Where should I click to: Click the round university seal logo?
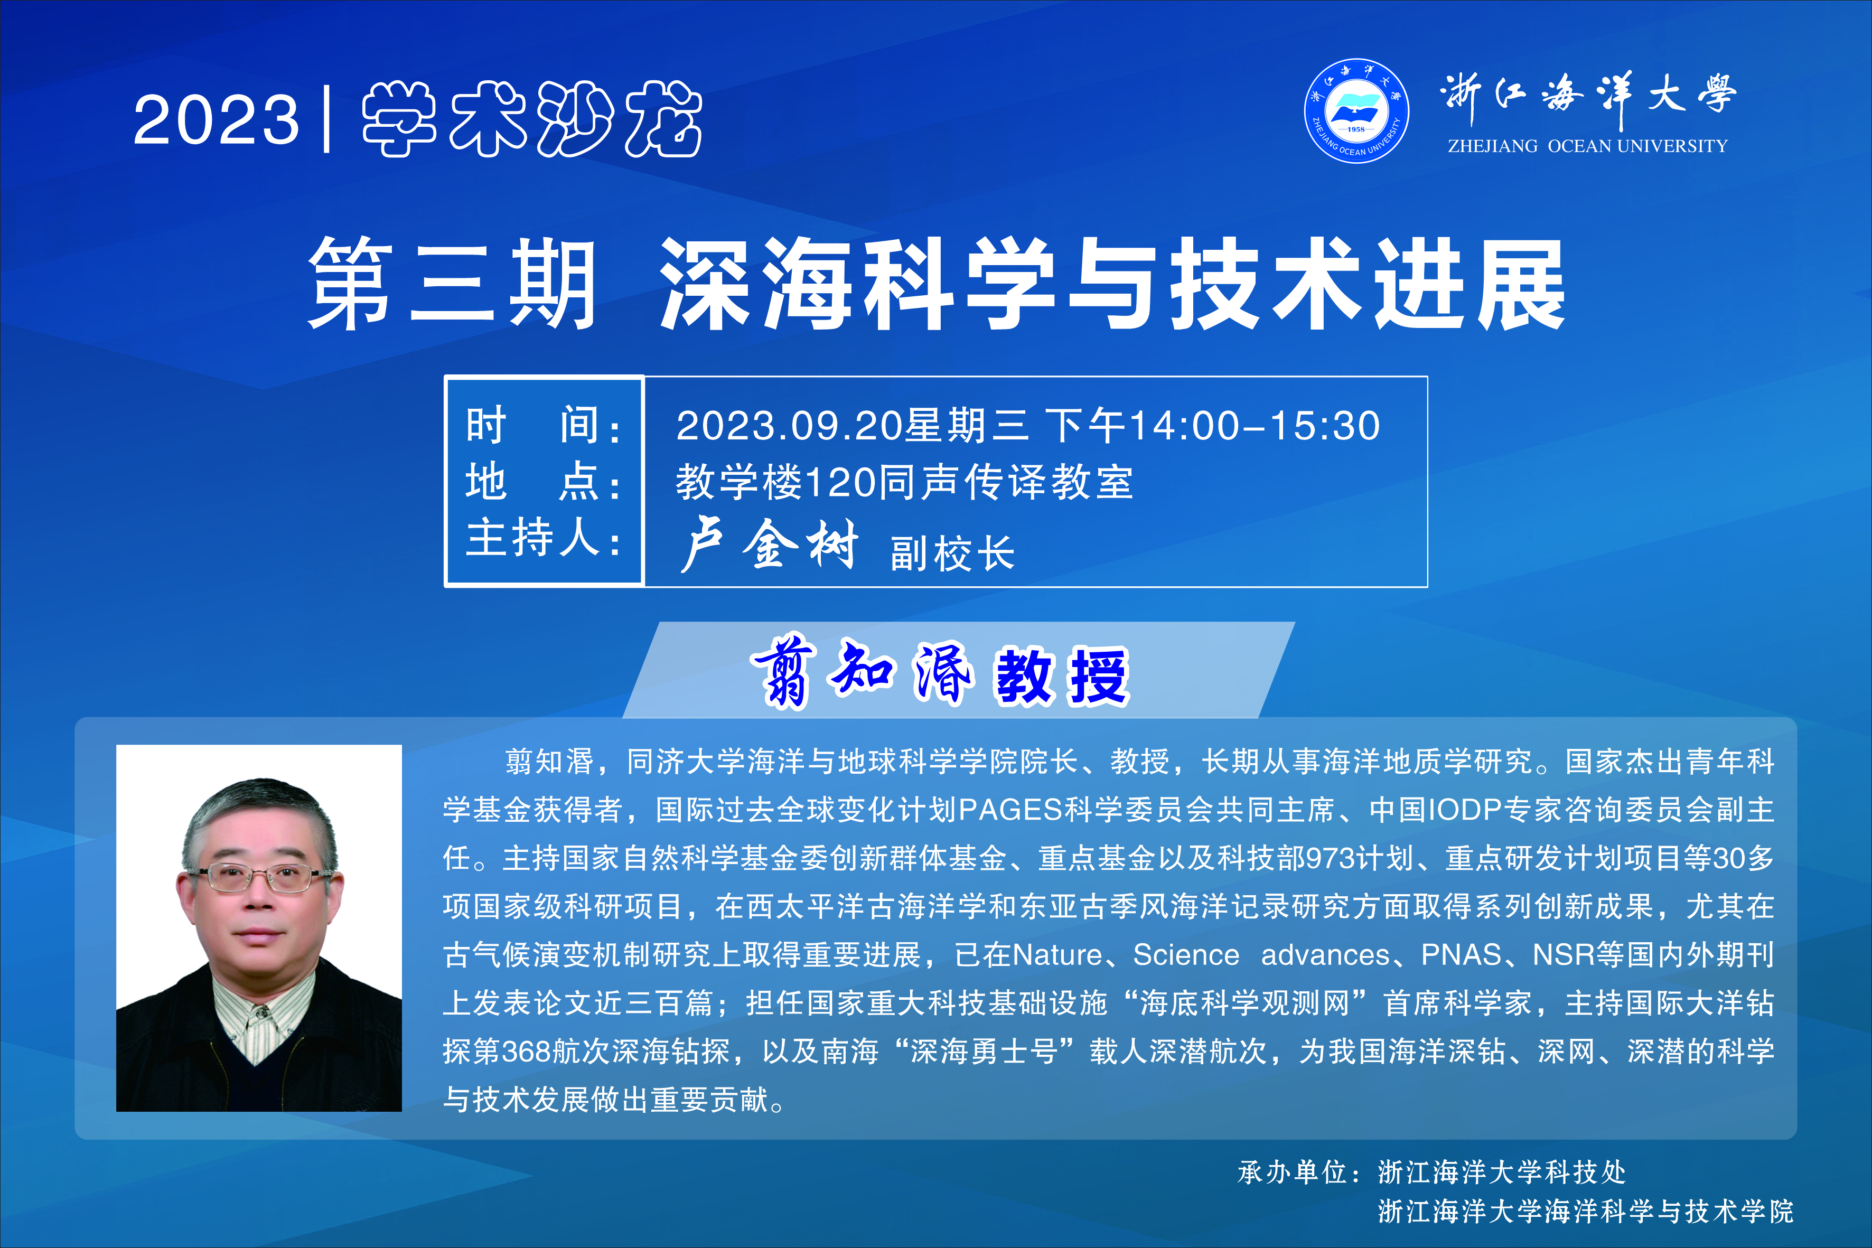click(1356, 110)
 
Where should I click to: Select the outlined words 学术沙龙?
click(532, 119)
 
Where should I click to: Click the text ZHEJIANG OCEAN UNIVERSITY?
click(1587, 146)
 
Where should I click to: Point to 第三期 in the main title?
click(452, 284)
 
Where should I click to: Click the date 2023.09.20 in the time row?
click(790, 425)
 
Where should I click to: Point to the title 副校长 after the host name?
click(953, 553)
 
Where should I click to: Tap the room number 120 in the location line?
click(840, 482)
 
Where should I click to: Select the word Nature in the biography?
click(1057, 954)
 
